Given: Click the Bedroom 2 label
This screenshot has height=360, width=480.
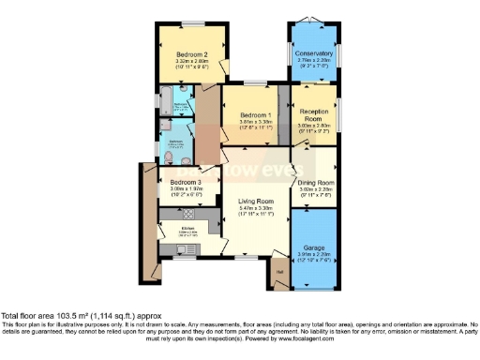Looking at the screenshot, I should [192, 54].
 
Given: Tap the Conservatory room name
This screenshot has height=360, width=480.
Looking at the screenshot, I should [314, 53].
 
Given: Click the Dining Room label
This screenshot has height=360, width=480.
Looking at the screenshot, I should [314, 182].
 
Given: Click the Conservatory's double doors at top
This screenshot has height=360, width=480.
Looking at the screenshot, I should [314, 23].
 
